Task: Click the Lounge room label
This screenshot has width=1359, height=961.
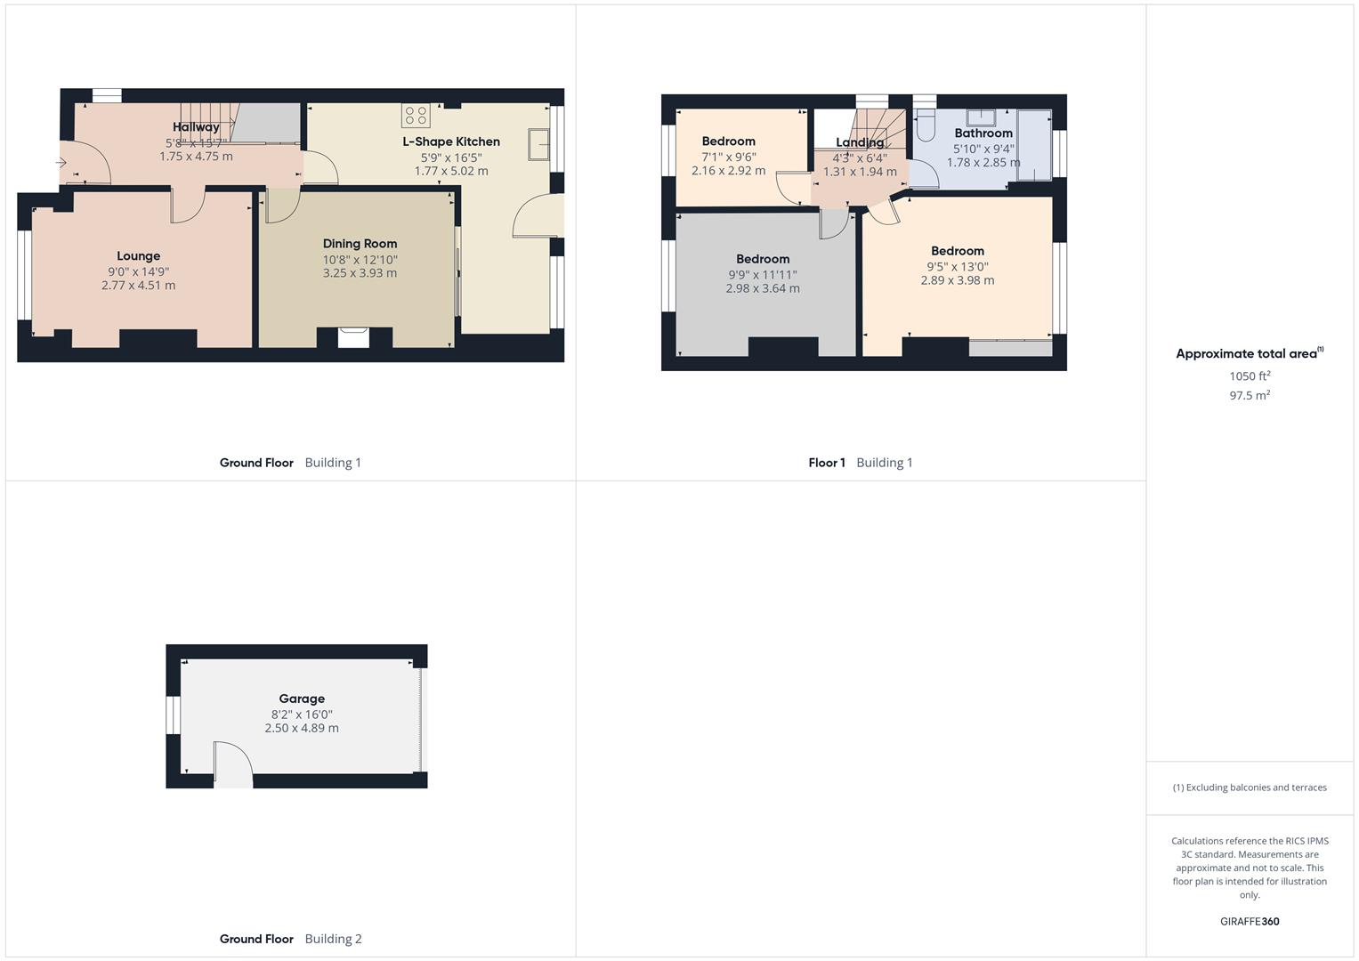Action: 138,256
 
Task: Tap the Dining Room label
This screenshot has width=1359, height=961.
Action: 360,244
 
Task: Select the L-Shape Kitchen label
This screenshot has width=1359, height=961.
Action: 451,141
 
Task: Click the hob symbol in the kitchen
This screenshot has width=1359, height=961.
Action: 416,115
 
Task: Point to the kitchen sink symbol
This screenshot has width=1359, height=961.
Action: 538,144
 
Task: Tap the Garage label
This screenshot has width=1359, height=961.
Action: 302,699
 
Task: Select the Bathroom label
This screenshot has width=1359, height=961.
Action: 983,133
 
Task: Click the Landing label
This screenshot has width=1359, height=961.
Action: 860,142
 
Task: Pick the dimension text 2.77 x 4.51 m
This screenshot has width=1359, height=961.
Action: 138,286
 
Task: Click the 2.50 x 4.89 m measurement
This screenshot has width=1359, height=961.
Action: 302,728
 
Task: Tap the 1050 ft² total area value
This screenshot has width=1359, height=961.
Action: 1250,376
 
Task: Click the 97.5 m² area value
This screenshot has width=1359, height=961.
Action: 1250,395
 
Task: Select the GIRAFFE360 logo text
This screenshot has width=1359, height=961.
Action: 1250,922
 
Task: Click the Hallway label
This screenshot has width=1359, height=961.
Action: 196,127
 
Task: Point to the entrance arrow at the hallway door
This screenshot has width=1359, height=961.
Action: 61,163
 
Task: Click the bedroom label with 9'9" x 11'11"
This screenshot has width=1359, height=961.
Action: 763,259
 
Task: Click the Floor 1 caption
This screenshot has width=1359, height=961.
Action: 826,463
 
